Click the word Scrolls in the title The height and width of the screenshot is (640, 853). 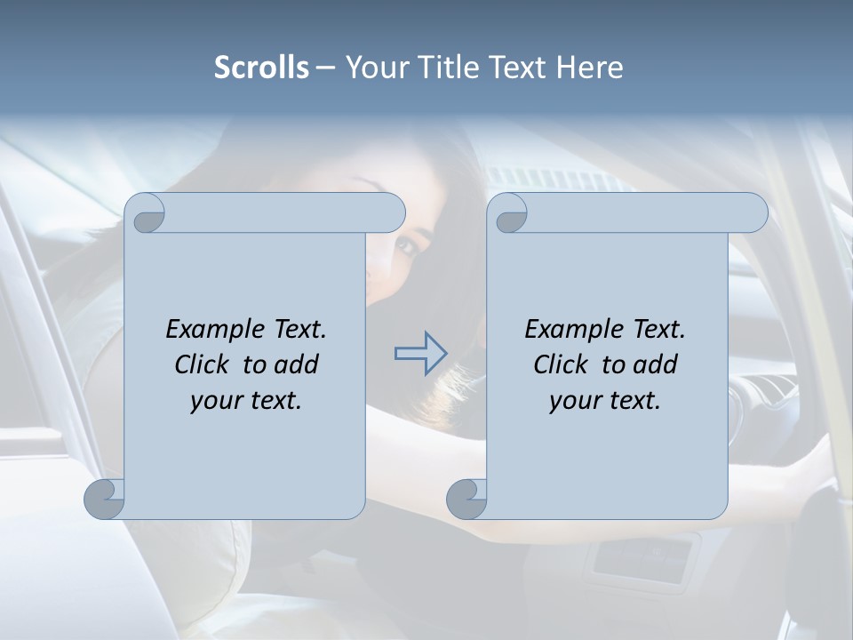click(x=262, y=68)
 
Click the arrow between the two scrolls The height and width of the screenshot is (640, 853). click(x=420, y=354)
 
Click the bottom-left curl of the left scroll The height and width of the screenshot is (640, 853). click(x=105, y=499)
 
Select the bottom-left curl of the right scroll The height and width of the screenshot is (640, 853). click(x=466, y=499)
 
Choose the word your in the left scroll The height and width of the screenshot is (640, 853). click(x=215, y=401)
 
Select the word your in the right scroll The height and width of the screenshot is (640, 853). click(x=574, y=401)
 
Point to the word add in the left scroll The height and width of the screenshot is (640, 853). click(x=298, y=364)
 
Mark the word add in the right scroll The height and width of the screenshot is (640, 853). click(x=657, y=364)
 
